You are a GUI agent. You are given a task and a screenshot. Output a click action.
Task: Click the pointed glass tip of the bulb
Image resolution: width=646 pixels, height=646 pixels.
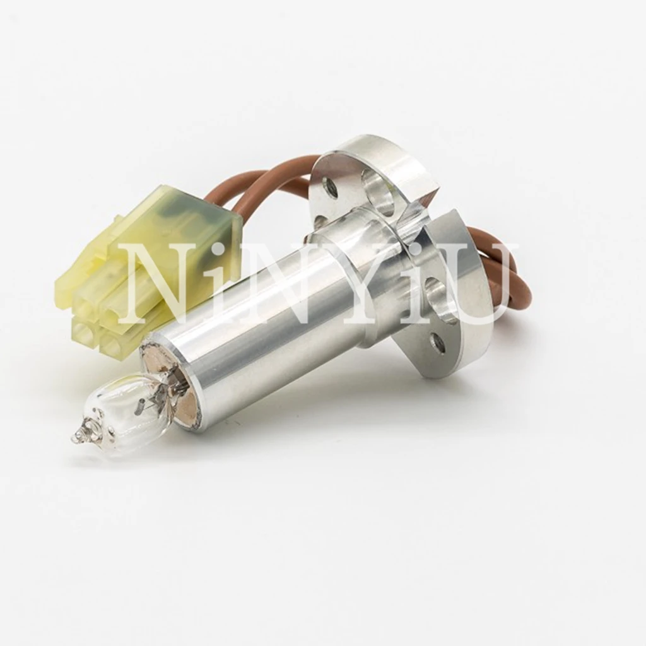77,436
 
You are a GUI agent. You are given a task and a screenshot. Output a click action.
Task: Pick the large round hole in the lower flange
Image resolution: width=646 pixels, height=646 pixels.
439,295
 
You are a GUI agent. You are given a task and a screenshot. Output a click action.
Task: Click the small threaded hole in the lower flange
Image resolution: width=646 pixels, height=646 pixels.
435,343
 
